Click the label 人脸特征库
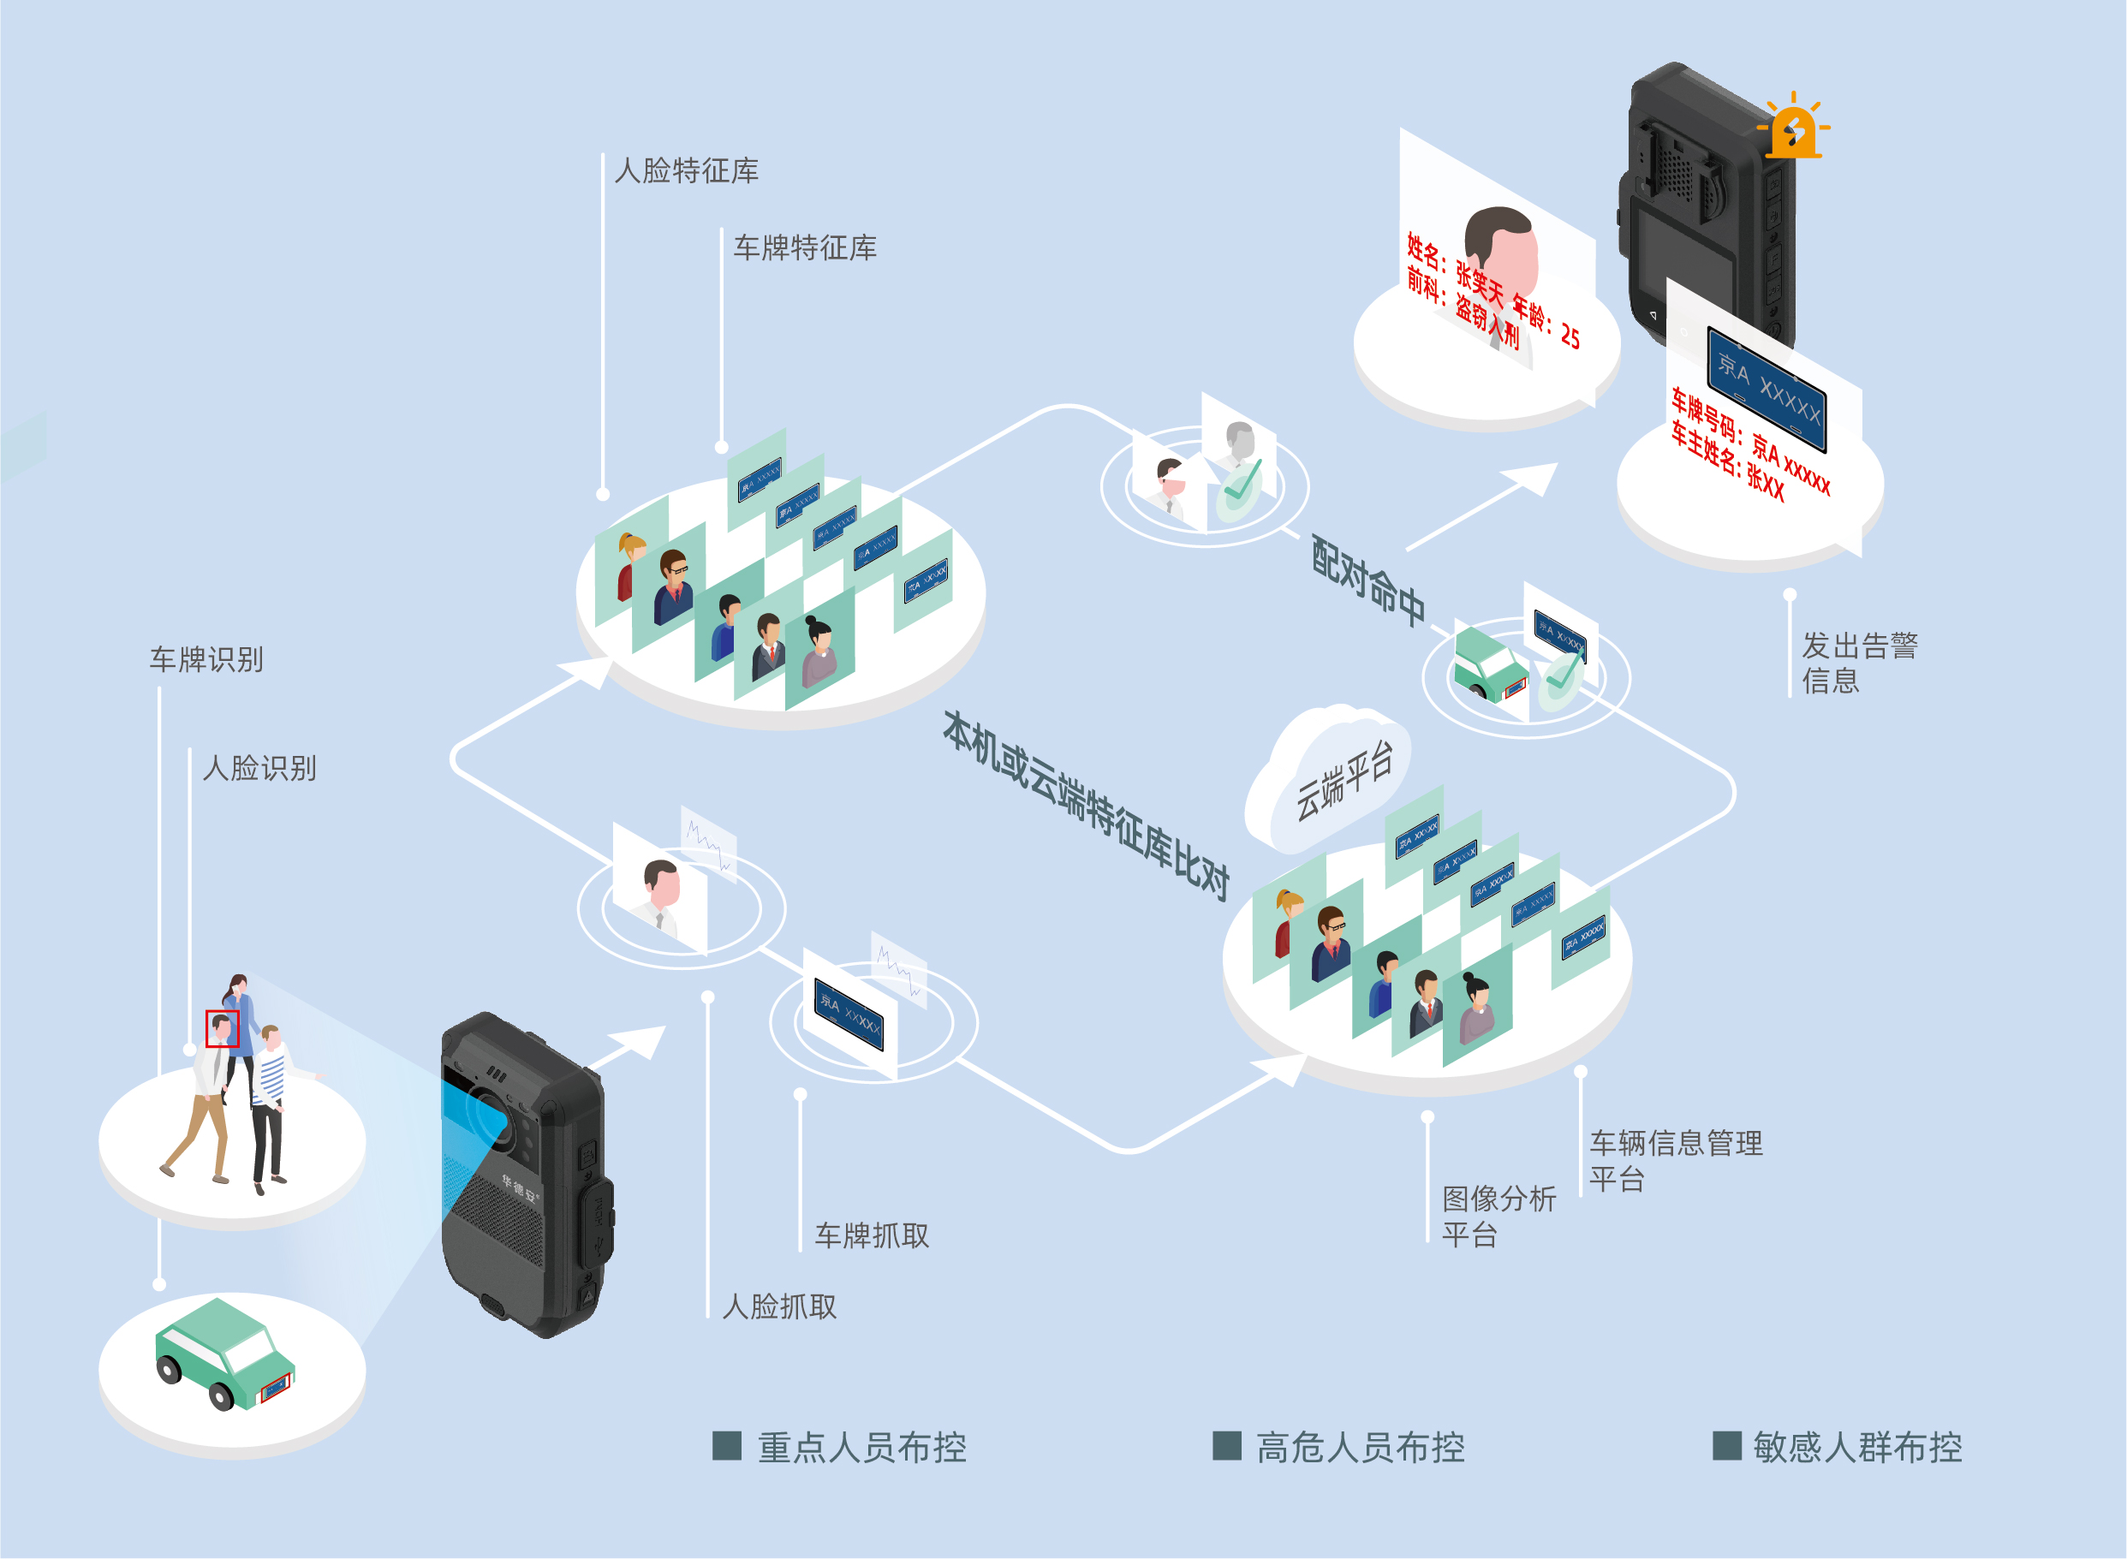686,171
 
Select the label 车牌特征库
805,248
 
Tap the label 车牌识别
206,660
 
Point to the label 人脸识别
259,768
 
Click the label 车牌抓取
872,1236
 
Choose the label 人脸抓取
779,1307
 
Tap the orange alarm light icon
1792,128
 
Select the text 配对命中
1368,581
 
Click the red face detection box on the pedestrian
222,1029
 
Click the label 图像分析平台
1498,1217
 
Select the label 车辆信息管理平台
1675,1161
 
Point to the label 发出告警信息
1858,663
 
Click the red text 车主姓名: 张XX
1727,462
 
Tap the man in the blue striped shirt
270,1104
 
